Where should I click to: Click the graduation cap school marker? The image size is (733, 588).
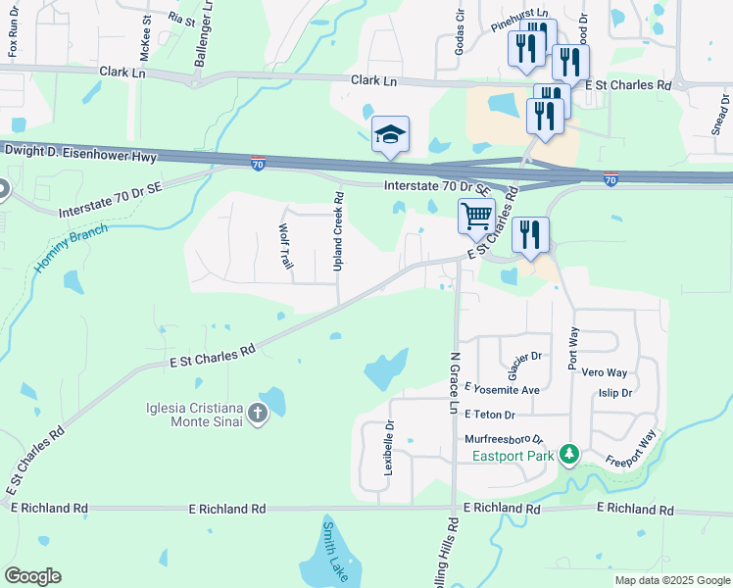[x=390, y=135]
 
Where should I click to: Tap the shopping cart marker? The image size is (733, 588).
[x=476, y=214]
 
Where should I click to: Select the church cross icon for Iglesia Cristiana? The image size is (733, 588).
[x=258, y=414]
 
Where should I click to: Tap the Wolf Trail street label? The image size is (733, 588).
[x=286, y=253]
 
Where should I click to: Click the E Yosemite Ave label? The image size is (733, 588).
[x=503, y=389]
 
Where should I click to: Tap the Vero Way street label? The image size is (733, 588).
[x=605, y=372]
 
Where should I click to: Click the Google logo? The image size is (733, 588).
[x=32, y=576]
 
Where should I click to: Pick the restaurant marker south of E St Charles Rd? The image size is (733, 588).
[x=529, y=235]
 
